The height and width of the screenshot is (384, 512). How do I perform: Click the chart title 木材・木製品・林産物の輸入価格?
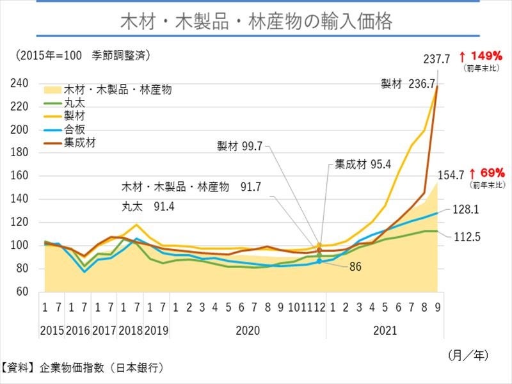coord(256,22)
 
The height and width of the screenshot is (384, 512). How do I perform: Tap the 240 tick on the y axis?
coord(20,83)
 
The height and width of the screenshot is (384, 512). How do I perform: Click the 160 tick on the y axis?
coord(20,176)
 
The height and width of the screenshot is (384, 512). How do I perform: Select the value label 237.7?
coord(438,59)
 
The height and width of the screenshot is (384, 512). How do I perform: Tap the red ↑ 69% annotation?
coord(488,173)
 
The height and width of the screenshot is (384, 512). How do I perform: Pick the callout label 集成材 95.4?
coord(364,164)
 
